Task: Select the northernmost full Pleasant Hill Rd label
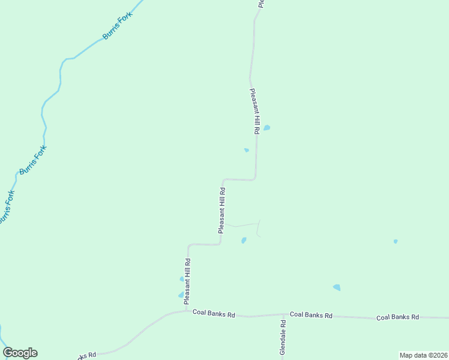click(x=255, y=110)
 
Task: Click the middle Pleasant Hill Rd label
click(x=222, y=211)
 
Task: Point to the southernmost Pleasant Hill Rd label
click(x=187, y=280)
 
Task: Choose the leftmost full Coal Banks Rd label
click(x=214, y=313)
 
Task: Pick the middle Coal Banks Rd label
click(x=311, y=314)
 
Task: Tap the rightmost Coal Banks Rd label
click(x=397, y=317)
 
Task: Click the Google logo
click(x=20, y=353)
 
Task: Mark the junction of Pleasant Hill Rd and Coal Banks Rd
click(x=187, y=311)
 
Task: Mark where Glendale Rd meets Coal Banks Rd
click(x=283, y=314)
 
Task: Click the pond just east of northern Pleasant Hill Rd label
click(x=267, y=128)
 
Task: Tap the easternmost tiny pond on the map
click(x=396, y=241)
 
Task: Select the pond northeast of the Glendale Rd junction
click(x=337, y=287)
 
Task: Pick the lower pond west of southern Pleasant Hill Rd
click(x=181, y=295)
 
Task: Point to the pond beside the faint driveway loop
click(x=244, y=241)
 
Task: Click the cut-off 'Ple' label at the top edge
click(x=261, y=3)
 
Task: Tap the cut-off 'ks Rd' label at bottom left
click(x=88, y=355)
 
